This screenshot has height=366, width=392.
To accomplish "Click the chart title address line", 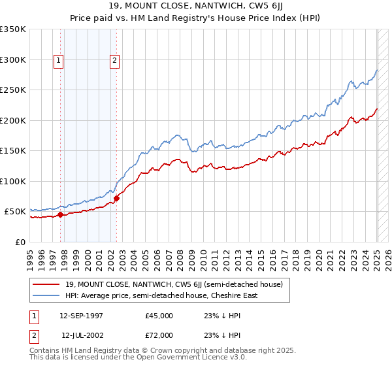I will (x=195, y=7).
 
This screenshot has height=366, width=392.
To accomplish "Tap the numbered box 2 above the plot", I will (x=114, y=61).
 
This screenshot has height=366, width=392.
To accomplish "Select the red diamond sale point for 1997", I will (x=60, y=214).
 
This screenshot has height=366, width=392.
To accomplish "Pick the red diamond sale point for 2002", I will (x=116, y=198).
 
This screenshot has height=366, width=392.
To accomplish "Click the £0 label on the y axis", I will (x=20, y=242).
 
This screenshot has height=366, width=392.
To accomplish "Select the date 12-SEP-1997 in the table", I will (x=81, y=316).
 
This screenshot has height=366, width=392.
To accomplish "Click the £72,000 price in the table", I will (x=159, y=335).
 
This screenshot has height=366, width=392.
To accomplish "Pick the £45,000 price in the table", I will (x=159, y=316).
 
